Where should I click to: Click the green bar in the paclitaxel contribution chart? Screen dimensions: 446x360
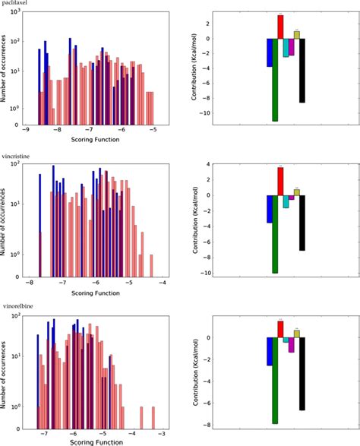pyautogui.click(x=275, y=80)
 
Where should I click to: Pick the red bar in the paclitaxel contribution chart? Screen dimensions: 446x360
pyautogui.click(x=280, y=27)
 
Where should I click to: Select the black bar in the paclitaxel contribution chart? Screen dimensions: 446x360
pyautogui.click(x=302, y=70)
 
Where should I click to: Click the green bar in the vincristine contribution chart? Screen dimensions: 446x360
pyautogui.click(x=275, y=233)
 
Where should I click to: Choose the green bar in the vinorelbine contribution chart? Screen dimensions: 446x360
pyautogui.click(x=275, y=380)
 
